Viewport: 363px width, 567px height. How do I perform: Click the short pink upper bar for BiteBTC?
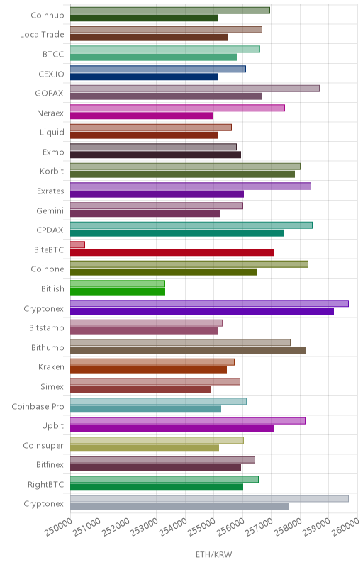(77, 245)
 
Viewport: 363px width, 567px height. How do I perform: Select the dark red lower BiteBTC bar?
(172, 252)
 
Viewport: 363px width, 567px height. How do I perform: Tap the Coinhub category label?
(48, 15)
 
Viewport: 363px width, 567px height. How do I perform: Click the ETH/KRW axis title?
(213, 554)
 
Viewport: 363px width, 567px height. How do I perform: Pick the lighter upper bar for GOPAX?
(195, 89)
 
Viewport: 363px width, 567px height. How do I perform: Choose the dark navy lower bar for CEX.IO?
(144, 77)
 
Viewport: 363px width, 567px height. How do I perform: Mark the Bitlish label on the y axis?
(52, 288)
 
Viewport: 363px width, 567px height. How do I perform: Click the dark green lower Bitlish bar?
(118, 291)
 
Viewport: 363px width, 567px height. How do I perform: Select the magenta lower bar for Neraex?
(142, 116)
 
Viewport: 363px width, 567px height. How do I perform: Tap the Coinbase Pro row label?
(38, 406)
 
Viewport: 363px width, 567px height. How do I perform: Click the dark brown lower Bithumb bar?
(188, 350)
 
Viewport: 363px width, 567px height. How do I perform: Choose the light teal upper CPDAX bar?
(191, 225)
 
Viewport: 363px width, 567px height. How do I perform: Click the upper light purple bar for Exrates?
(191, 186)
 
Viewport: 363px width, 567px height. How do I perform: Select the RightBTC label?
(45, 484)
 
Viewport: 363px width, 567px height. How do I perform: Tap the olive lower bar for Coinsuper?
(145, 448)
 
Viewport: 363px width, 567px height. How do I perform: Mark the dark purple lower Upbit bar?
(172, 429)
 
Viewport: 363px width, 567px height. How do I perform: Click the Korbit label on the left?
(52, 171)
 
